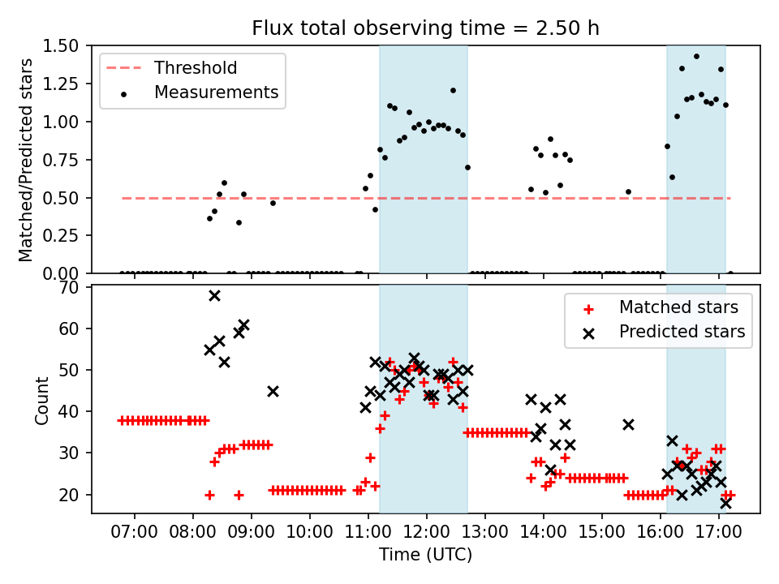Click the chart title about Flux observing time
click(x=425, y=28)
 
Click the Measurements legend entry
click(x=216, y=92)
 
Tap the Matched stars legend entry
click(x=678, y=307)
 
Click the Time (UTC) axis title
click(x=425, y=556)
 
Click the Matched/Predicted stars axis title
click(x=26, y=160)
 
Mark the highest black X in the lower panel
click(x=214, y=296)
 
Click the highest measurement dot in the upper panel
click(x=696, y=56)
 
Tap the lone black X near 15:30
click(x=628, y=424)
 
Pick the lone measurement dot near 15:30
click(x=628, y=191)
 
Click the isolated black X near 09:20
click(x=273, y=391)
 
